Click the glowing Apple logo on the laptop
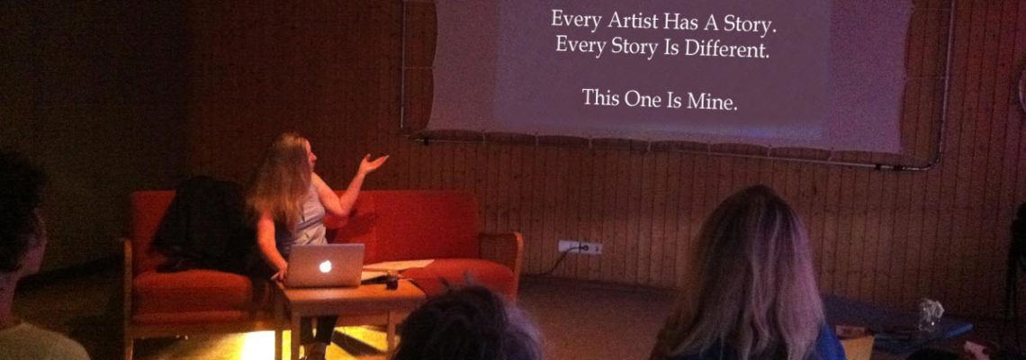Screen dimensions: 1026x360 [325, 265]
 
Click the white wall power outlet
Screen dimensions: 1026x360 [580, 247]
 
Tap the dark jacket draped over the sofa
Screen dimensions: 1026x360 [201, 224]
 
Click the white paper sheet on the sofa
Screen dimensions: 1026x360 [398, 265]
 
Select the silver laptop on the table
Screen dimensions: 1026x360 [325, 265]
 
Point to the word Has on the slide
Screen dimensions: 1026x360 [680, 22]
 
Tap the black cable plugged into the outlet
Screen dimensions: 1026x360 [556, 260]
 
